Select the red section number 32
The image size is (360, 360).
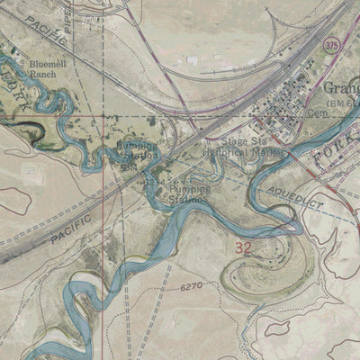pos(242,246)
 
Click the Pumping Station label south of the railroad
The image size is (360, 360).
pos(188,192)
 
